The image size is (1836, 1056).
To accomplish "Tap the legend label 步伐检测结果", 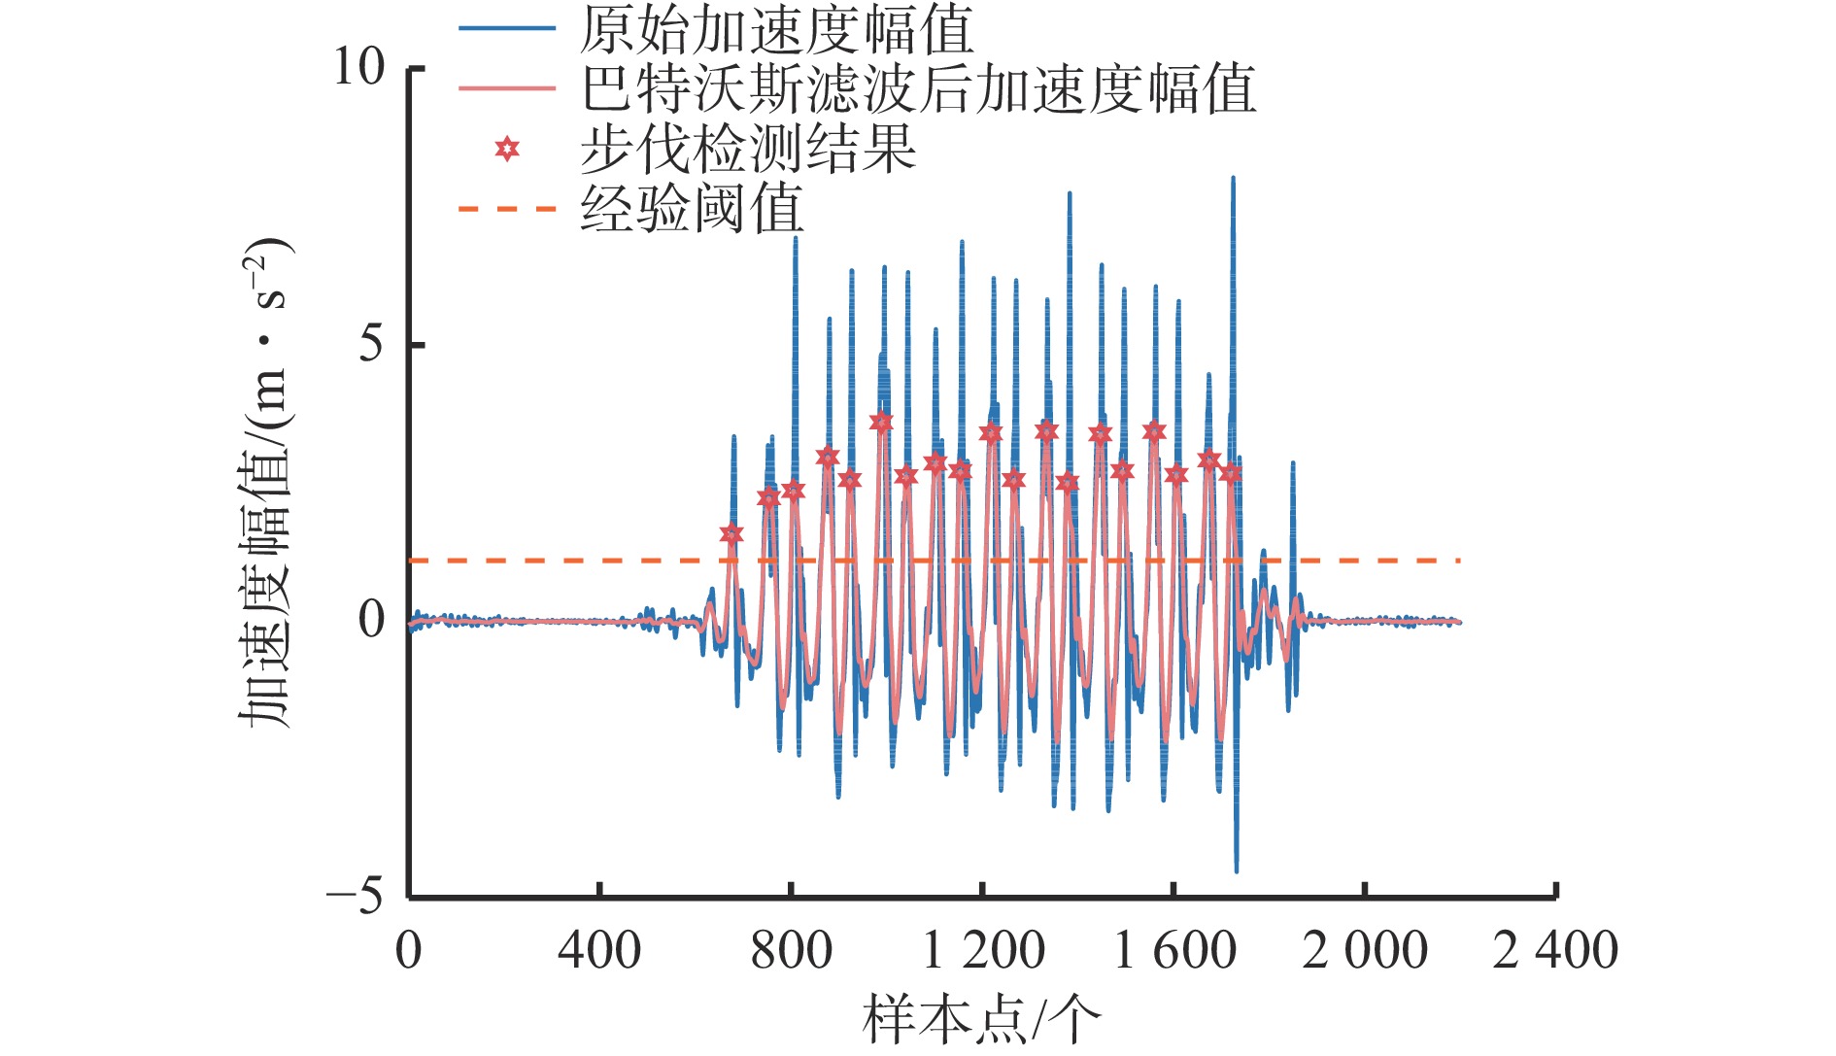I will tap(747, 149).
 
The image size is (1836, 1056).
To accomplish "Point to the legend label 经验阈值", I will tap(692, 209).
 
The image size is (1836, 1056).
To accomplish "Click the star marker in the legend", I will tap(506, 149).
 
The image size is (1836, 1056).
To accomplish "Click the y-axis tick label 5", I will tap(371, 344).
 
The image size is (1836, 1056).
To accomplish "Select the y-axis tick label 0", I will tap(371, 619).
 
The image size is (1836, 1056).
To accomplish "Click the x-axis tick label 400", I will tap(599, 949).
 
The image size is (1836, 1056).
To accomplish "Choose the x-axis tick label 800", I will tap(791, 949).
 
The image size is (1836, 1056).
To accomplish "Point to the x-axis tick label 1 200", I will tap(982, 949).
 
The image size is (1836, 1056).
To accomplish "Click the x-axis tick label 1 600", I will tap(1173, 949).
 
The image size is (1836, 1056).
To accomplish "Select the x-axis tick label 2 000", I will tap(1365, 949).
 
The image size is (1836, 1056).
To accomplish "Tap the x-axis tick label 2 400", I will tap(1555, 949).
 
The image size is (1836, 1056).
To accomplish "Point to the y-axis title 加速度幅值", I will tap(265, 483).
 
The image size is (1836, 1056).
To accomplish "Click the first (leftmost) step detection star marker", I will tap(731, 534).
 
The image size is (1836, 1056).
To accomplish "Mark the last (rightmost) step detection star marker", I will tap(1231, 473).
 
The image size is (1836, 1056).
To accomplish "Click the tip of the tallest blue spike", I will tap(1233, 178).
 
